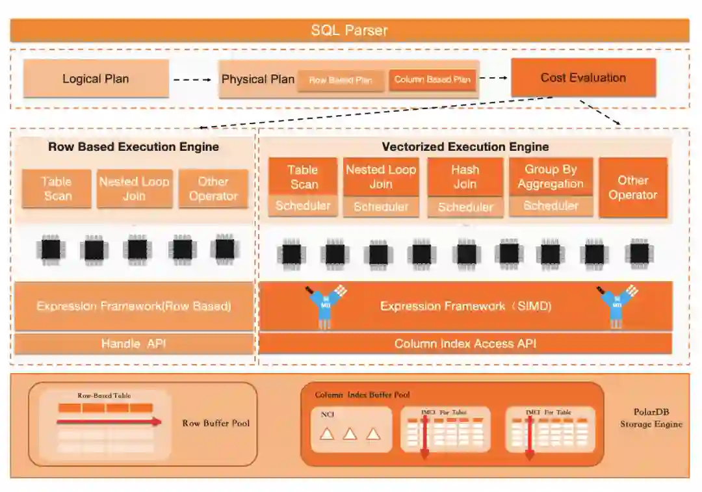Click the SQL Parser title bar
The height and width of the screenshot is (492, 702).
(x=349, y=31)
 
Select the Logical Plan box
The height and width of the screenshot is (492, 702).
(x=96, y=79)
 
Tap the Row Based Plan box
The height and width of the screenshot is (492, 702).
(x=341, y=81)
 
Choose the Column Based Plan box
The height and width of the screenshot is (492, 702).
(x=432, y=80)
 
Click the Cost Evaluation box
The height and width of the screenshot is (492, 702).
(x=583, y=77)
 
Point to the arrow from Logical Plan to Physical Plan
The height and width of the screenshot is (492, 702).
(x=193, y=79)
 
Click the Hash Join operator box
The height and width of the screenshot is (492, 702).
(x=465, y=177)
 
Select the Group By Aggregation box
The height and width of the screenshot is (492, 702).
(x=551, y=176)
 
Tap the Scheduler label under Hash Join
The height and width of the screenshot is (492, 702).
(x=465, y=207)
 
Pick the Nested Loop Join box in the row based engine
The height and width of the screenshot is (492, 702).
(x=135, y=188)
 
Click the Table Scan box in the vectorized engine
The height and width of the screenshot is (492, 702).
(x=303, y=176)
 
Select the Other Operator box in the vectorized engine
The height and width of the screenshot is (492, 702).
(x=632, y=187)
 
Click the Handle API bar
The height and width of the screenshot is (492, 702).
(x=133, y=343)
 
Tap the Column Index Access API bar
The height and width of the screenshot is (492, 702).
(x=465, y=343)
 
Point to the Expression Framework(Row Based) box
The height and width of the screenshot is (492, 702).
(x=133, y=305)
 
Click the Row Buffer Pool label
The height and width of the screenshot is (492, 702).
(x=216, y=423)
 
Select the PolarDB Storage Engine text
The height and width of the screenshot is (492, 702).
(x=651, y=418)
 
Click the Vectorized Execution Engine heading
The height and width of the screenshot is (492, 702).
(x=465, y=147)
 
